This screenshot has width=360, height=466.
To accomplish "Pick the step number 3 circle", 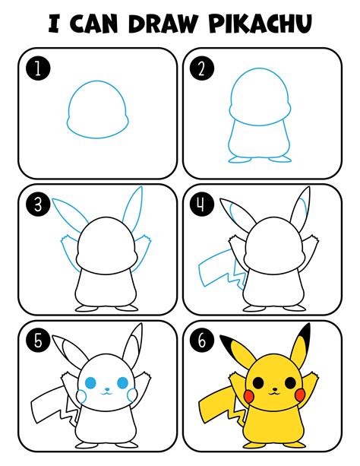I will pyautogui.click(x=35, y=204).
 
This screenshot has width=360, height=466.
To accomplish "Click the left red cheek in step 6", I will pyautogui.click(x=247, y=395).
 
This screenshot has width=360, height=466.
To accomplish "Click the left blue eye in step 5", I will pyautogui.click(x=93, y=384).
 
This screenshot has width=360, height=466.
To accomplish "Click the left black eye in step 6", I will pyautogui.click(x=257, y=384).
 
